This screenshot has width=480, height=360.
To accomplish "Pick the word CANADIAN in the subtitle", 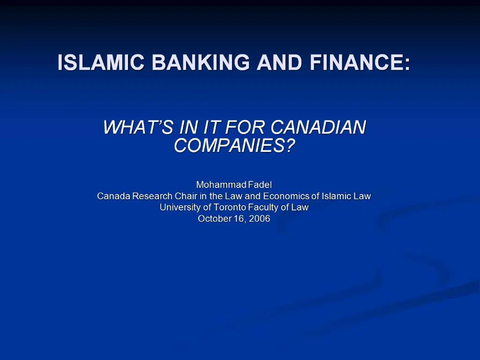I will (318, 127).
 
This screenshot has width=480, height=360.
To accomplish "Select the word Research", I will (152, 196).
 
